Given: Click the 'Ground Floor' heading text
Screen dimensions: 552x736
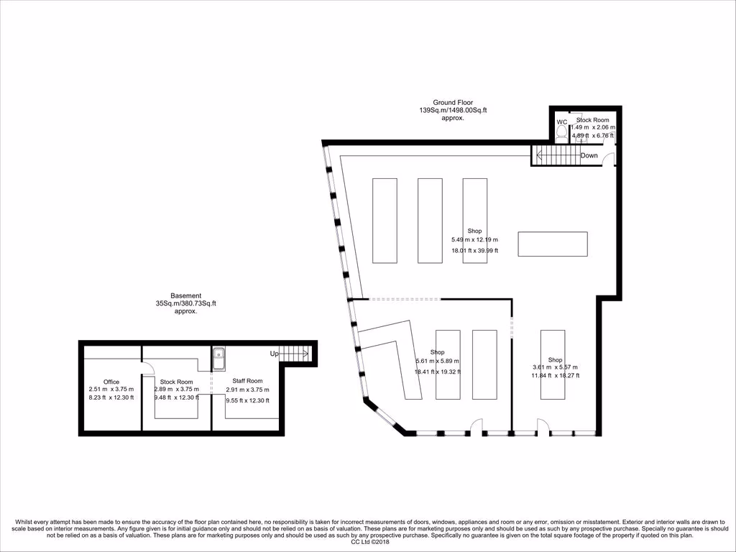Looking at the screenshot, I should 453,103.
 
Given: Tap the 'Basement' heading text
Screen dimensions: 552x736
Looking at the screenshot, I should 185,295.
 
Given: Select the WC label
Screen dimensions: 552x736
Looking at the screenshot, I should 562,122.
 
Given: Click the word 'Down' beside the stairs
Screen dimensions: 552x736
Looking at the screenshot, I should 589,155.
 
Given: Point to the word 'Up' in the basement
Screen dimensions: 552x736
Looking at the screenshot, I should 274,354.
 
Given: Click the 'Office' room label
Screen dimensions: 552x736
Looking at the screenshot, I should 111,382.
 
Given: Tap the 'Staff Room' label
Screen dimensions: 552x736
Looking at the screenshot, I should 247,381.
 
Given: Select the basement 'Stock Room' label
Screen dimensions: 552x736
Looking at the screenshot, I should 176,382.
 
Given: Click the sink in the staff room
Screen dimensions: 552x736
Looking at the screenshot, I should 219,355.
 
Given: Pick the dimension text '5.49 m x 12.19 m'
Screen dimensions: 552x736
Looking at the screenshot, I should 474,239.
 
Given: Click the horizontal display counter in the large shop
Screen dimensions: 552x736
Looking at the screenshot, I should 552,244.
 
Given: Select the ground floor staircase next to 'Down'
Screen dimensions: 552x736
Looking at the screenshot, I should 555,155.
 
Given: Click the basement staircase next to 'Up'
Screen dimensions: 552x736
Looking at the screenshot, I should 294,354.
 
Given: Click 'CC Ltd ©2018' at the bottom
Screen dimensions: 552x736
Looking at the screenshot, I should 368,543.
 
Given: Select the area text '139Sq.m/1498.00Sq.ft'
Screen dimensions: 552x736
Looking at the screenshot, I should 453,111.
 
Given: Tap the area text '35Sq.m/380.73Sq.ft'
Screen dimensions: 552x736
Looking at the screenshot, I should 185,303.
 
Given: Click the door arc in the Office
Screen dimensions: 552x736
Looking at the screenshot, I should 147,367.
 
